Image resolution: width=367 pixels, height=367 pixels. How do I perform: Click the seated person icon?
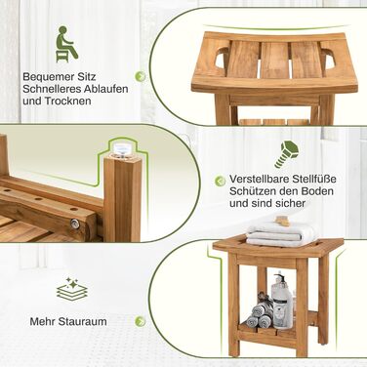tap(66, 44)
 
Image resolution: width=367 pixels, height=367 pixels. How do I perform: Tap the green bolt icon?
tap(287, 154)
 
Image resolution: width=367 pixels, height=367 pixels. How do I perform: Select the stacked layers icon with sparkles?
tap(72, 288)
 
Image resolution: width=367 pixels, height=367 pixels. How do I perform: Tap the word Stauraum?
tap(83, 321)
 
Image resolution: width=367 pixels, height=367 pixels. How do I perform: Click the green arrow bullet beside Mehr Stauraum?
tap(141, 321)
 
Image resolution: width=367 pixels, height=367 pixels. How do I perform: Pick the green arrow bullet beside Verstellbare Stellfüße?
tap(221, 181)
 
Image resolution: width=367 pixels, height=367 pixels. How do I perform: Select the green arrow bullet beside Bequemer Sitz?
tap(141, 77)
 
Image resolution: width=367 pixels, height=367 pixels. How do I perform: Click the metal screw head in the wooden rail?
tap(75, 223)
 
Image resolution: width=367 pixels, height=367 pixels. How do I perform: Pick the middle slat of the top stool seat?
tap(274, 61)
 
